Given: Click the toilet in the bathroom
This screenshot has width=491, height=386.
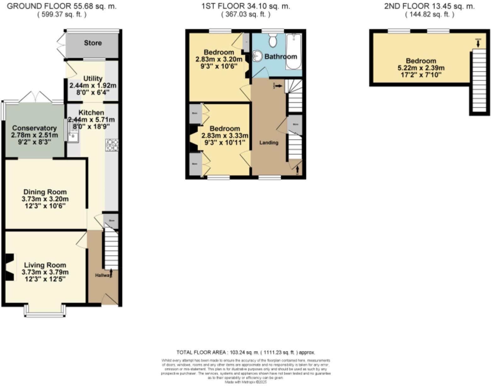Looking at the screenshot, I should (x=273, y=40).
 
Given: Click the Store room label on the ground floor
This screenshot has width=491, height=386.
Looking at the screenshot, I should (x=93, y=43).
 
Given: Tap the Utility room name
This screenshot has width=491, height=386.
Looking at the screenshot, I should (x=93, y=78).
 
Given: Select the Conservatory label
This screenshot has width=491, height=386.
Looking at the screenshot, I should (x=34, y=128).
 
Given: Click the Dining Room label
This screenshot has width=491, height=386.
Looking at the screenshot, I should (x=45, y=192).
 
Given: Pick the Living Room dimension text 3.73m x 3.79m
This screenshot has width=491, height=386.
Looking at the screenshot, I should (x=45, y=272).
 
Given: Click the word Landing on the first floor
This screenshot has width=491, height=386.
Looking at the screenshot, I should (x=269, y=143).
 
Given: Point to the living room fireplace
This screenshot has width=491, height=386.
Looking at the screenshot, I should (x=10, y=267).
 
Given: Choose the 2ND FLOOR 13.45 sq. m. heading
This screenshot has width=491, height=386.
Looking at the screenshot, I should (x=429, y=6).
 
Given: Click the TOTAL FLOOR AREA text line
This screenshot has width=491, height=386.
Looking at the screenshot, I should (x=245, y=352).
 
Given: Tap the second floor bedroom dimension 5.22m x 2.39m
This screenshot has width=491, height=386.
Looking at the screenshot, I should (x=421, y=68).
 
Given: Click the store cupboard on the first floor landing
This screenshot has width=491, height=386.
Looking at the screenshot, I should (x=295, y=125).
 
